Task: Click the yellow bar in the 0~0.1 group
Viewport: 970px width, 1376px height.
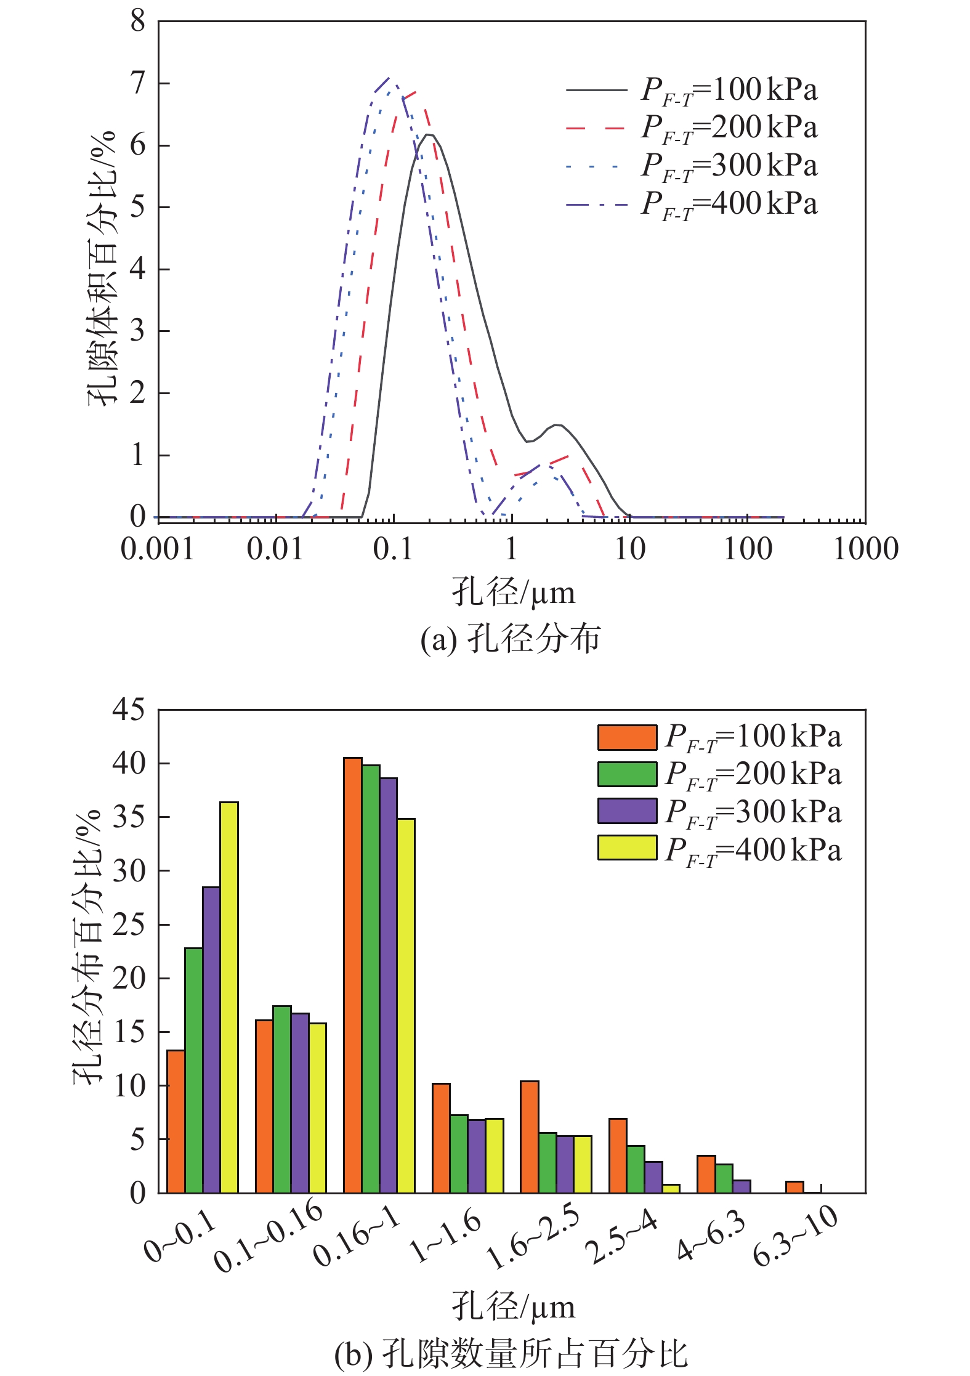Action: [229, 997]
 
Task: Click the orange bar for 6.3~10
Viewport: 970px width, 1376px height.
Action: [794, 1187]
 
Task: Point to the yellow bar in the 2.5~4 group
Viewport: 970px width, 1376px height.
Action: [671, 1188]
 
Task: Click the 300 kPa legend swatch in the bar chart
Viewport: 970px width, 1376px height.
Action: [627, 811]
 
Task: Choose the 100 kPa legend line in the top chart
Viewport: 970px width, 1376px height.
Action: [596, 91]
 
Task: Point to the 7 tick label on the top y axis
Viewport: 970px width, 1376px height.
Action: [138, 83]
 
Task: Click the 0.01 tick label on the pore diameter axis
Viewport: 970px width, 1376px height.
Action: [275, 549]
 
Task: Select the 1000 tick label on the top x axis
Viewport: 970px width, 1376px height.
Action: [865, 549]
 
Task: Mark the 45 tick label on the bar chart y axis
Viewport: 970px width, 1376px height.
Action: [129, 710]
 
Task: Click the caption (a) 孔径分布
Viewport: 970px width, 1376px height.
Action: [510, 639]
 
